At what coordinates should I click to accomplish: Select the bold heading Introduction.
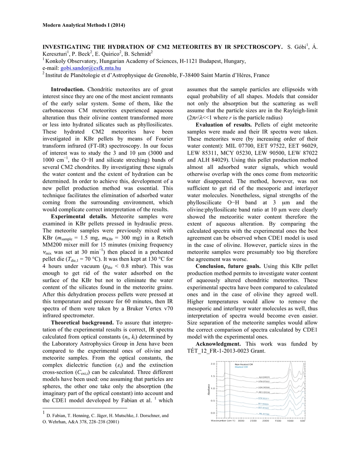coord(68,90)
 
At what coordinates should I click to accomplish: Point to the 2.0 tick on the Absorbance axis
coord(212,364)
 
